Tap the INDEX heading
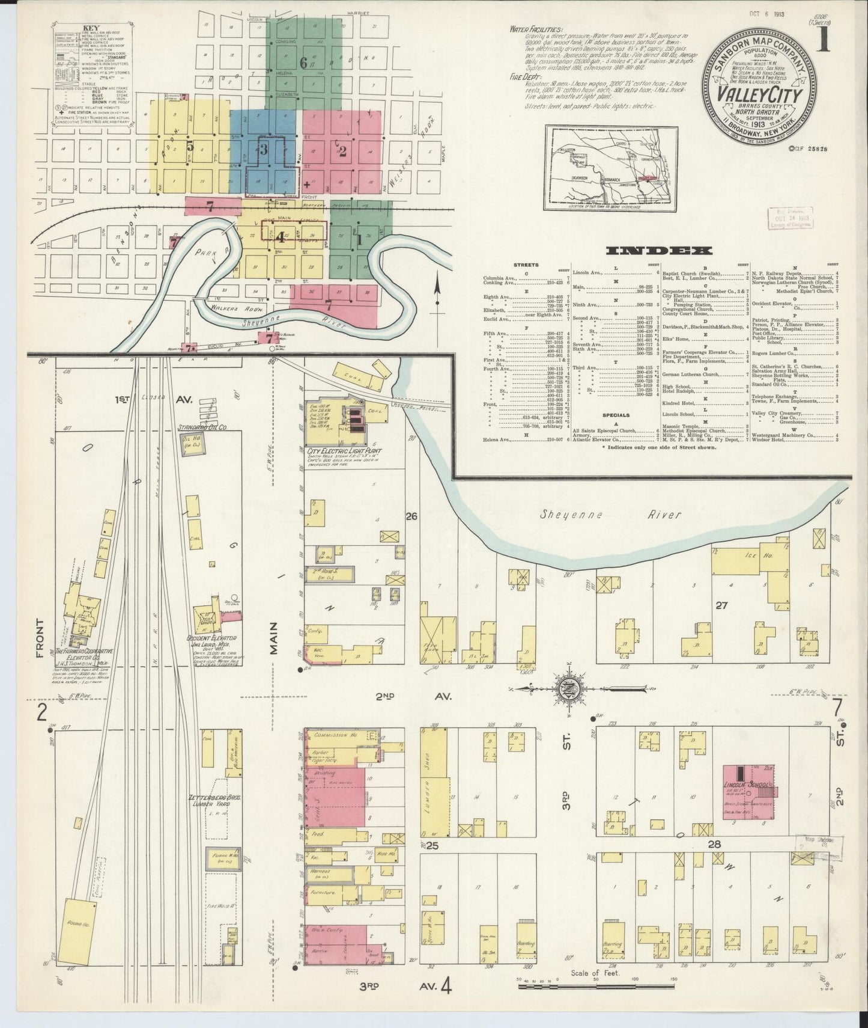point(659,251)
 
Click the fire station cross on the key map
point(307,185)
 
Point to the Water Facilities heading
point(536,28)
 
